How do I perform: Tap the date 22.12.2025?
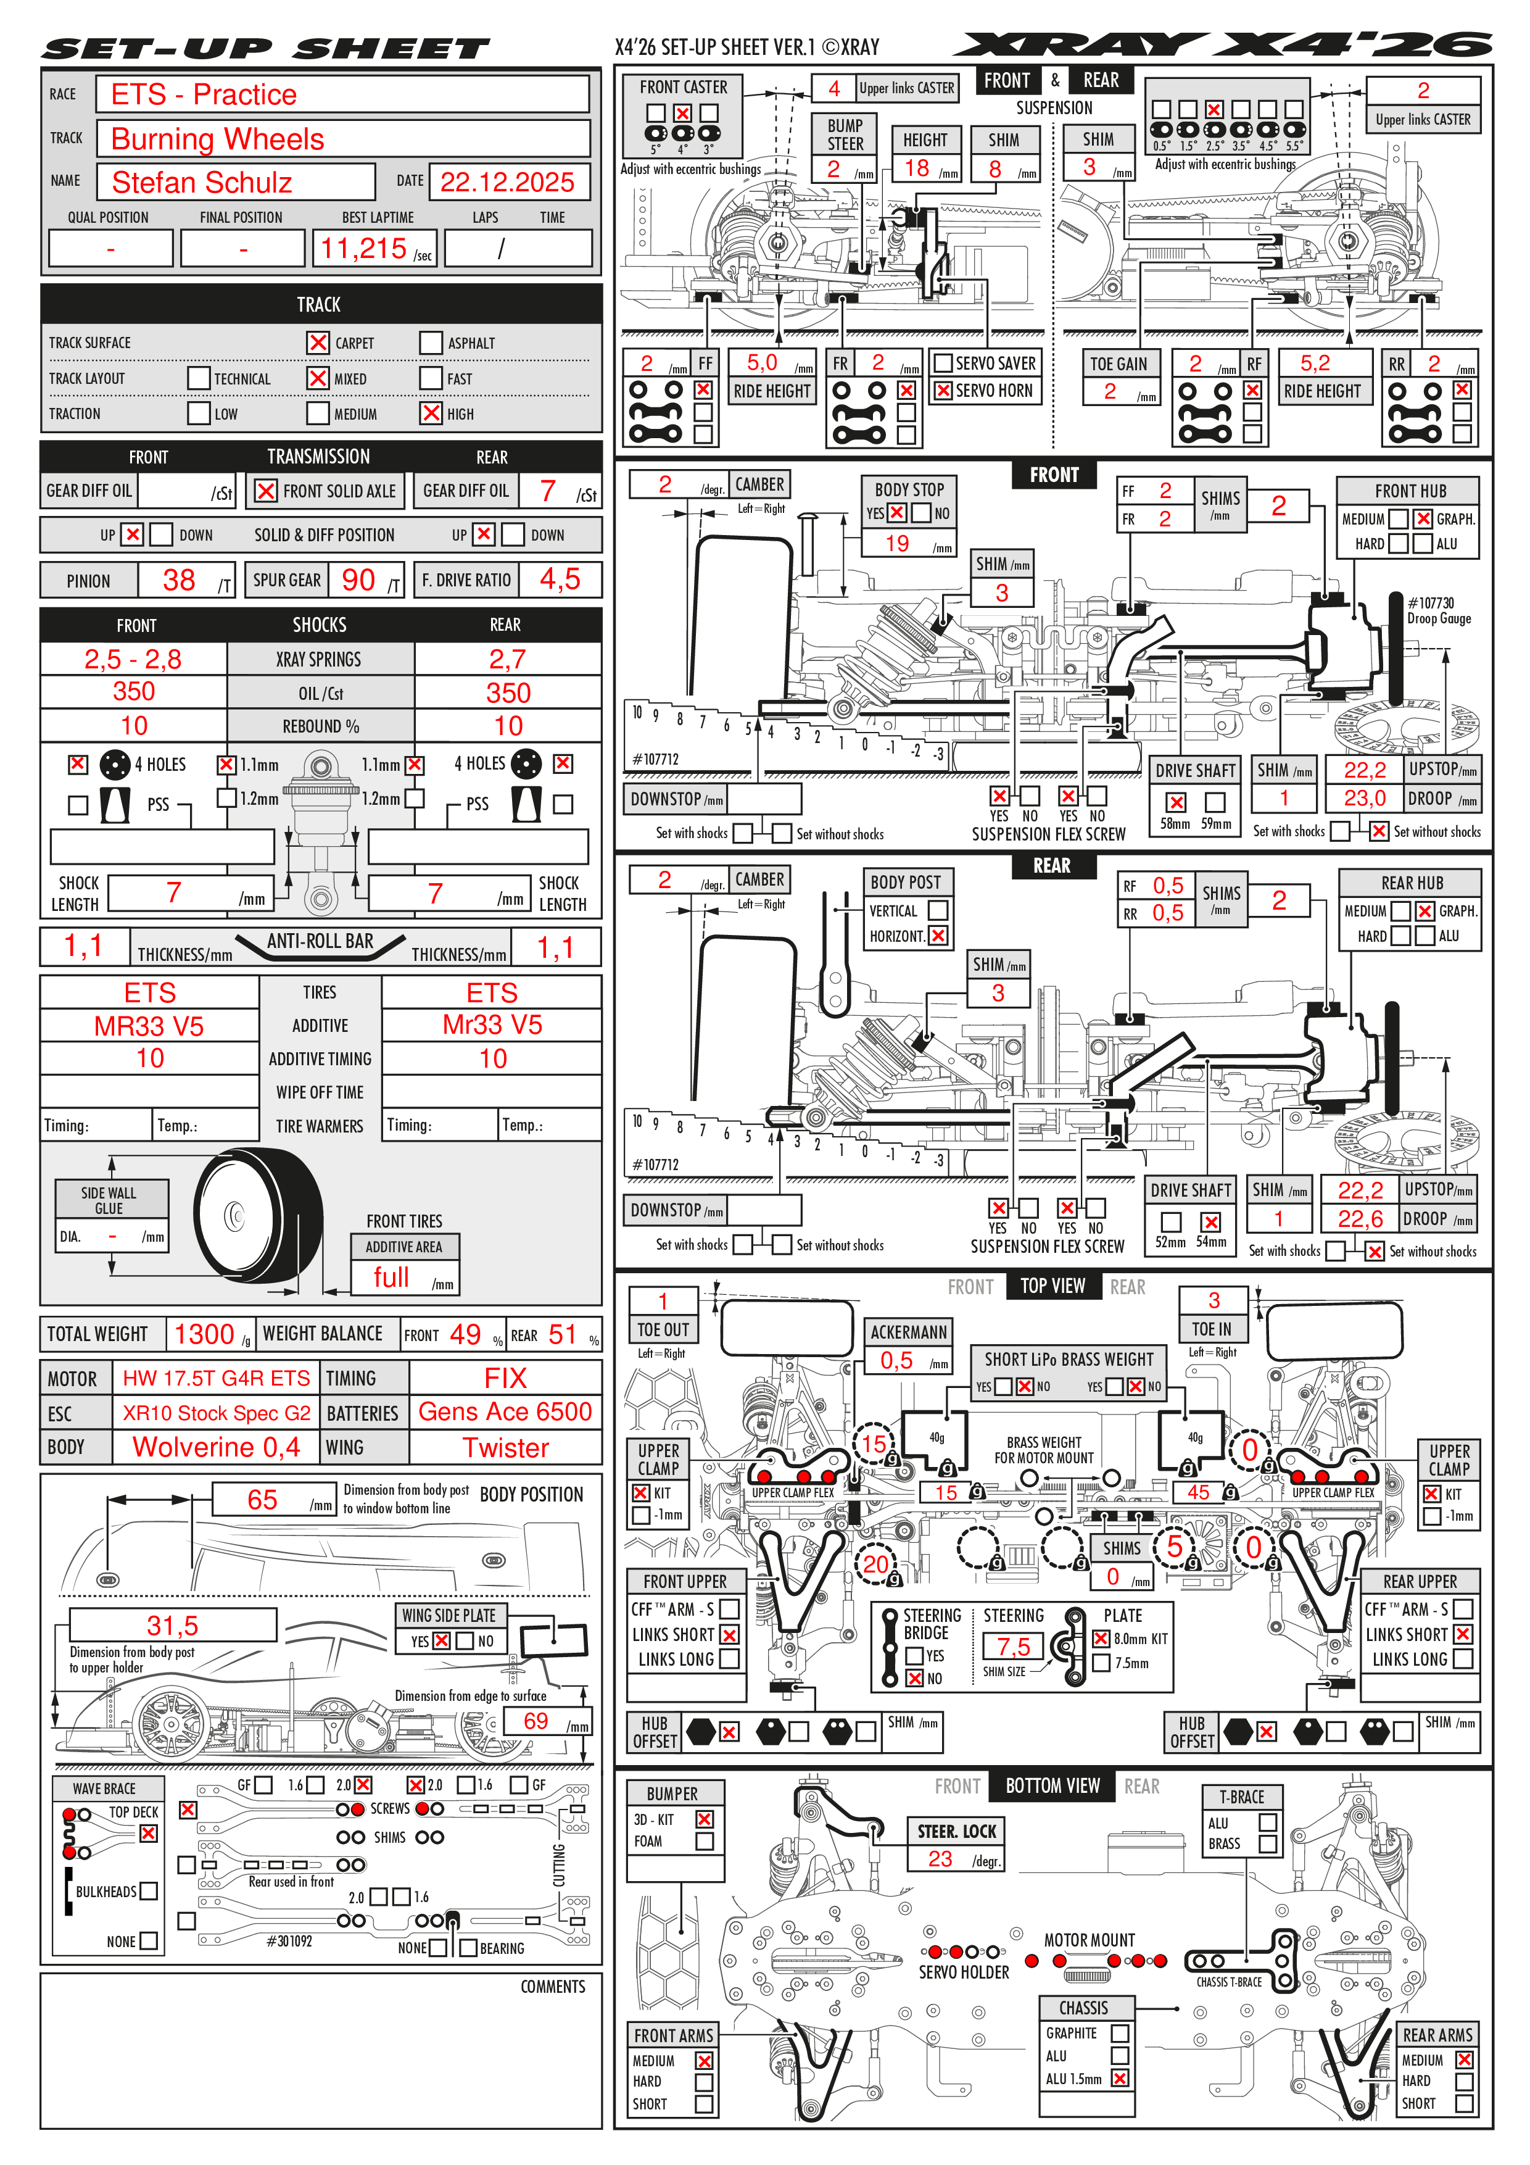click(x=507, y=182)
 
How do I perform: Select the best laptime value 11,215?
click(x=363, y=248)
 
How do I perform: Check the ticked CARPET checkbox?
click(x=318, y=343)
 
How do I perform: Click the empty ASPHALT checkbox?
click(x=431, y=343)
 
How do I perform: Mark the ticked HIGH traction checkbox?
click(x=431, y=413)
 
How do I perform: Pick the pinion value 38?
click(x=179, y=580)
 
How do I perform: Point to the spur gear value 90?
click(x=358, y=580)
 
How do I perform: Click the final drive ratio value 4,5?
click(x=560, y=580)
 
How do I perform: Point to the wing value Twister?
click(x=505, y=1447)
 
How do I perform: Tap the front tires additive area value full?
click(x=391, y=1278)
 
